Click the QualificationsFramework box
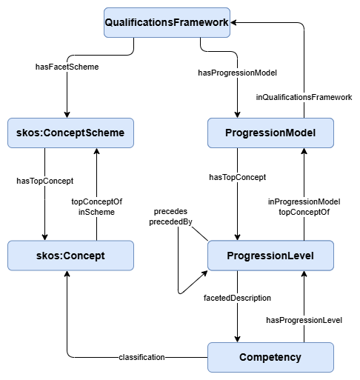(x=167, y=23)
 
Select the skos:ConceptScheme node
(x=70, y=133)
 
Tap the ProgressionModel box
(x=270, y=133)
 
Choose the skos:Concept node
(x=70, y=256)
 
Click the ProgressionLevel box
(x=270, y=256)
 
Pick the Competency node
(x=270, y=357)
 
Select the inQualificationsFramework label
(x=304, y=96)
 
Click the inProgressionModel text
(x=304, y=201)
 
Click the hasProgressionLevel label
(x=304, y=320)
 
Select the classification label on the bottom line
(x=141, y=358)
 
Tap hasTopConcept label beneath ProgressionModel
(x=237, y=177)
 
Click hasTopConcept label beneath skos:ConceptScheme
(x=41, y=179)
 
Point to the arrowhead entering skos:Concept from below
(x=67, y=274)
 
